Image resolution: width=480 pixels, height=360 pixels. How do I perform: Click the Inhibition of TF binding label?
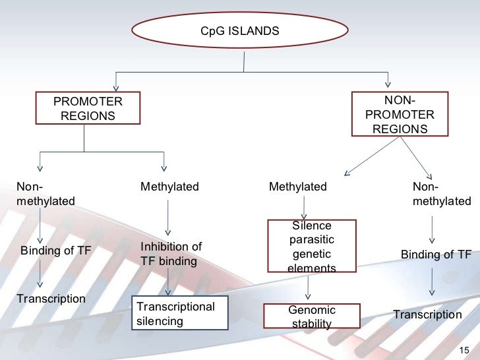pyautogui.click(x=171, y=254)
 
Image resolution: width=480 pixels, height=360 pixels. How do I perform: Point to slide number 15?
pyautogui.click(x=464, y=350)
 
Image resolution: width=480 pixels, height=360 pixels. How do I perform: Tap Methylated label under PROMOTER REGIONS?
pyautogui.click(x=169, y=187)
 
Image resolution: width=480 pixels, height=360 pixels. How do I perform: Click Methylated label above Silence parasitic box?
pyautogui.click(x=298, y=187)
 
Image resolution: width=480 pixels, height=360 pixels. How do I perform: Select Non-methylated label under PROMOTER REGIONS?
pyautogui.click(x=45, y=194)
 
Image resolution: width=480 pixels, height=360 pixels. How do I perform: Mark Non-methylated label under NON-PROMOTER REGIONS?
pyautogui.click(x=442, y=194)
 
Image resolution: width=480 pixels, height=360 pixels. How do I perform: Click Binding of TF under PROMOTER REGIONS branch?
pyautogui.click(x=55, y=251)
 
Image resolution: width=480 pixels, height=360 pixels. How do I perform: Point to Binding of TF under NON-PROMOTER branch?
pyautogui.click(x=436, y=254)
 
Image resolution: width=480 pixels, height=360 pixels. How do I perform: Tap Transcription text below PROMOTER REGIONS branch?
pyautogui.click(x=51, y=299)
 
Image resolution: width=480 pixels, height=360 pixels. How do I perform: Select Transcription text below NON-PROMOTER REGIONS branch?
pyautogui.click(x=428, y=315)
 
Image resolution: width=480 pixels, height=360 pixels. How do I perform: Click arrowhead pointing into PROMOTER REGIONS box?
pyautogui.click(x=116, y=88)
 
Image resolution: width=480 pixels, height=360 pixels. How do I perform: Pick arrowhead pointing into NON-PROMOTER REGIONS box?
pyautogui.click(x=388, y=84)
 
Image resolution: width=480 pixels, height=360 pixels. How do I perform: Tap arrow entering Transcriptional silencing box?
pyautogui.click(x=167, y=282)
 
